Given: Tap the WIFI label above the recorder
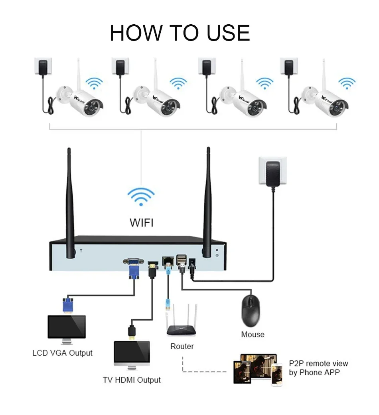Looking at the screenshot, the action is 142,223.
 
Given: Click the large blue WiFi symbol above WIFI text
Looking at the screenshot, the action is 141,197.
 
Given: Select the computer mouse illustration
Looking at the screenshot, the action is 251,311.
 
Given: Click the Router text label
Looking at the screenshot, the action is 182,346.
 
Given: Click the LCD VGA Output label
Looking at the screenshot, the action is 62,353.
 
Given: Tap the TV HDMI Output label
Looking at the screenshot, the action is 132,380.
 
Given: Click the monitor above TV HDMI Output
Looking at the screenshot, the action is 132,354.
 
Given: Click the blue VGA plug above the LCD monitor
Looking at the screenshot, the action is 68,305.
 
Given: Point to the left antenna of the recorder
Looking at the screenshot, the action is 70,202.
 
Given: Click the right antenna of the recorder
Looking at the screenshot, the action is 207,202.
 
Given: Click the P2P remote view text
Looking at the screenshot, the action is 318,363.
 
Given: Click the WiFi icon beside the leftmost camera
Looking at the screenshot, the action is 94,84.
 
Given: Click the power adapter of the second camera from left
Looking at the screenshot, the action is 120,67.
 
